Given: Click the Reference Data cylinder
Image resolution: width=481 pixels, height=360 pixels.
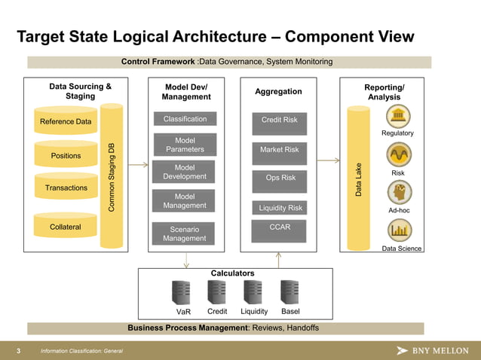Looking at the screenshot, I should [x=66, y=121].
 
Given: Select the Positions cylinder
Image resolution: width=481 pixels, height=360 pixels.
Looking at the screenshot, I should [x=66, y=155].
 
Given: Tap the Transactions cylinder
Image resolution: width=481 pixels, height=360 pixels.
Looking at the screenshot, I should [x=66, y=188].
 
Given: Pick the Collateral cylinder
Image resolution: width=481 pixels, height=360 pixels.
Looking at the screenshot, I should [x=66, y=227].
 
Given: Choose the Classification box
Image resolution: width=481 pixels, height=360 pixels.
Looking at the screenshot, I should [x=185, y=119].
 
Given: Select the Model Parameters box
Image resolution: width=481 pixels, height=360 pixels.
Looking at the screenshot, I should [x=185, y=145].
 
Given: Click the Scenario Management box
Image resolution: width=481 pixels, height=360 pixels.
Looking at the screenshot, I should [x=185, y=233].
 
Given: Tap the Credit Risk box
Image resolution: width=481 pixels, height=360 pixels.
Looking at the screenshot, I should [x=279, y=120].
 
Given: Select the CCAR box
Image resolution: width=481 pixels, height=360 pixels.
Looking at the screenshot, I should [x=280, y=227].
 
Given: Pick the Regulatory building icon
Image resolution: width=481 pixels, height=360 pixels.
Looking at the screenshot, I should [x=397, y=117].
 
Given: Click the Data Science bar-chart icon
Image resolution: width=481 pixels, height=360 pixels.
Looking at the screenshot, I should [x=397, y=230].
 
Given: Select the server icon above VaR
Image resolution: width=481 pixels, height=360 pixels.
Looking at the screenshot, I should [x=182, y=291].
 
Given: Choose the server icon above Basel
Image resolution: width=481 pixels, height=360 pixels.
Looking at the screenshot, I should [x=290, y=291].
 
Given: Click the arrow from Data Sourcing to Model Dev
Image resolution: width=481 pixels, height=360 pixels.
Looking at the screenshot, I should [x=138, y=163].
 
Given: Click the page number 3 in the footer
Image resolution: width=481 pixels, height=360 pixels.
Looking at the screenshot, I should [x=17, y=351].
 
